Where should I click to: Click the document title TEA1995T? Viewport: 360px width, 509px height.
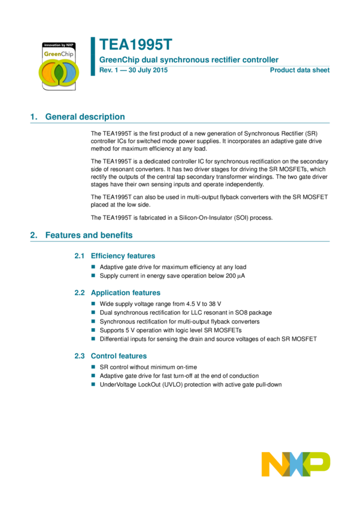click(135, 45)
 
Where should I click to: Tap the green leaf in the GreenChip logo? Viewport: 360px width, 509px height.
click(59, 72)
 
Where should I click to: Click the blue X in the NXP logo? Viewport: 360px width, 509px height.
click(296, 464)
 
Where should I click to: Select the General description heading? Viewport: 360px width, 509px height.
click(85, 117)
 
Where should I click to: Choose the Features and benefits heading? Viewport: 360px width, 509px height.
click(89, 235)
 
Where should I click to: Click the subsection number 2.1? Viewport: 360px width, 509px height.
click(79, 256)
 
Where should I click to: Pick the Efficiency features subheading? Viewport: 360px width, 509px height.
click(123, 256)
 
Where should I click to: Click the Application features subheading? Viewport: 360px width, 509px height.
click(126, 293)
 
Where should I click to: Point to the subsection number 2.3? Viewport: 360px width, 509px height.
click(79, 356)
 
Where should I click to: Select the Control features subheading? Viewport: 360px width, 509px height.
click(119, 356)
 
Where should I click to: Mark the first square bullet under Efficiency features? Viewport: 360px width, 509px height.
click(93, 267)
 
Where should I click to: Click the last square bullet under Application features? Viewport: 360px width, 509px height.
click(93, 338)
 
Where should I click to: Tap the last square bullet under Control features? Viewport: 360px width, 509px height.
click(93, 384)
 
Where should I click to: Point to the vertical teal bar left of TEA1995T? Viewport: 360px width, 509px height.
click(93, 56)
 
